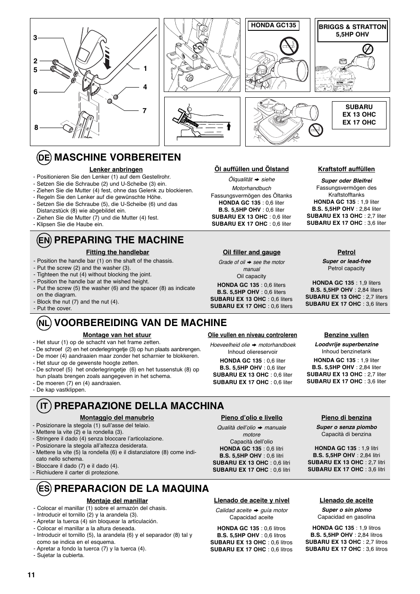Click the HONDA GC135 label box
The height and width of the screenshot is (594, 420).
[273, 26]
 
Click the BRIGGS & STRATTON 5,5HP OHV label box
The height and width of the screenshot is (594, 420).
[353, 30]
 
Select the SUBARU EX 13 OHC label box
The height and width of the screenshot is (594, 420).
[359, 115]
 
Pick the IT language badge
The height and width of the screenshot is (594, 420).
[44, 406]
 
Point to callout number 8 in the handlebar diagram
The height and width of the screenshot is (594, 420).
[36, 128]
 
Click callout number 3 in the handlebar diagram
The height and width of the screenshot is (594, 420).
[35, 38]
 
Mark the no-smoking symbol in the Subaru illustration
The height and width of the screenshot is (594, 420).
[315, 129]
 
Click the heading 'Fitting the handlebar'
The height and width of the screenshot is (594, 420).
[118, 253]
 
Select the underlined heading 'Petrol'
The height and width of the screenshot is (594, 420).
[346, 253]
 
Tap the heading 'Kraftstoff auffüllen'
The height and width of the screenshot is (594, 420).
[346, 169]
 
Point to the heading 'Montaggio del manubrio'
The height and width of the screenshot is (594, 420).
[117, 418]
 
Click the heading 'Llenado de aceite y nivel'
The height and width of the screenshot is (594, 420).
[251, 501]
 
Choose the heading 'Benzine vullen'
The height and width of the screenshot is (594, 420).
[346, 335]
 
